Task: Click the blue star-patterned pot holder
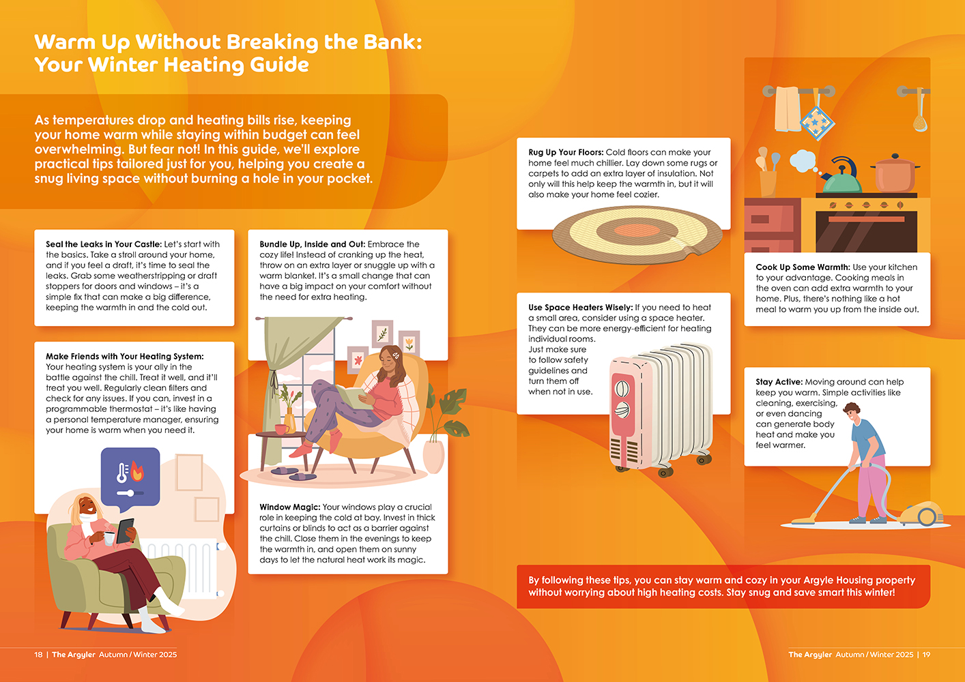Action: coord(816,122)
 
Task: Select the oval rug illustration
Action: coord(637,235)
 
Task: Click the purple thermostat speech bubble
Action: coord(130,478)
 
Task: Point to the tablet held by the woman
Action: coord(126,531)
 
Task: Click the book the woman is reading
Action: coord(354,396)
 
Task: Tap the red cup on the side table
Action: coord(282,429)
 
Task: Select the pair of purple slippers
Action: coord(293,473)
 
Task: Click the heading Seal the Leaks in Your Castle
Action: coord(104,244)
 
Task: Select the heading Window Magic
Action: coord(289,507)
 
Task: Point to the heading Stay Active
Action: coord(779,382)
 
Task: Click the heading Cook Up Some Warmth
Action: coord(803,267)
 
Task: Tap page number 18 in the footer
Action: coord(38,655)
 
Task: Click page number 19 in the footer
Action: coord(926,655)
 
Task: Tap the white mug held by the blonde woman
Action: coord(109,538)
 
